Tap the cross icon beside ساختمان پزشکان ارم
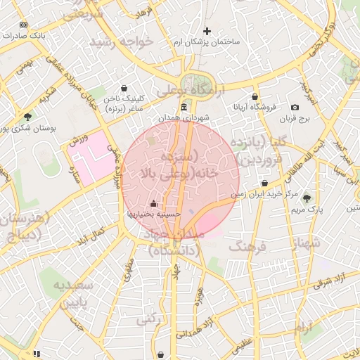(x=207, y=31)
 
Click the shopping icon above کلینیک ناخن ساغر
(x=124, y=89)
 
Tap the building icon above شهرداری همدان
(x=184, y=107)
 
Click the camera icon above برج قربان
(x=295, y=108)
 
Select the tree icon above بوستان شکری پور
(x=27, y=117)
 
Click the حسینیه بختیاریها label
(x=154, y=213)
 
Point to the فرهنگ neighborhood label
(x=245, y=247)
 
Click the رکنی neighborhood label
(x=146, y=319)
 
